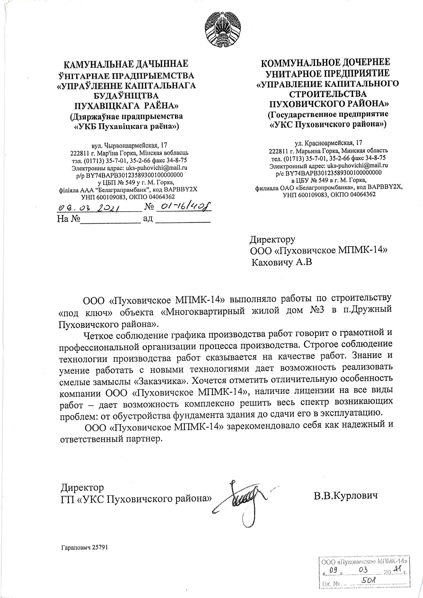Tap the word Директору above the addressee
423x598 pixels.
click(273, 240)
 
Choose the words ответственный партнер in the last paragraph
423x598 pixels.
click(110, 439)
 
